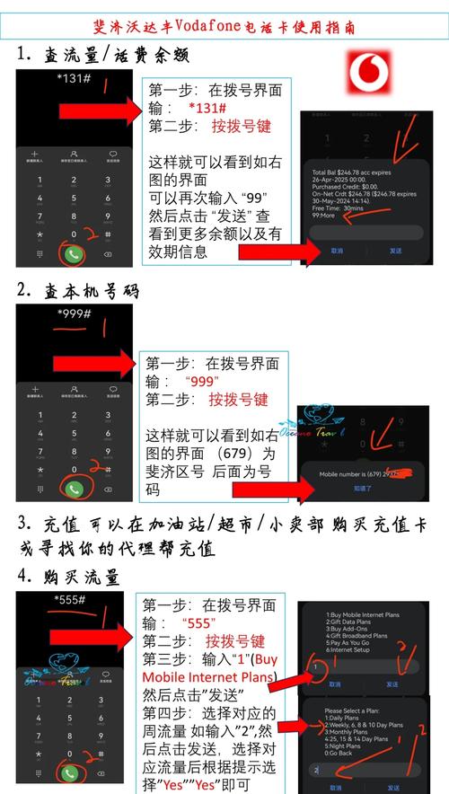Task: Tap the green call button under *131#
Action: tap(75, 253)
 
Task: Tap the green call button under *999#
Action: tap(75, 489)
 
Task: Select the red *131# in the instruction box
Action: tap(209, 109)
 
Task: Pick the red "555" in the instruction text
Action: tap(199, 623)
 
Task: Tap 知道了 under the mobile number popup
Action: tap(361, 488)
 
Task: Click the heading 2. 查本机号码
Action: tap(79, 291)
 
